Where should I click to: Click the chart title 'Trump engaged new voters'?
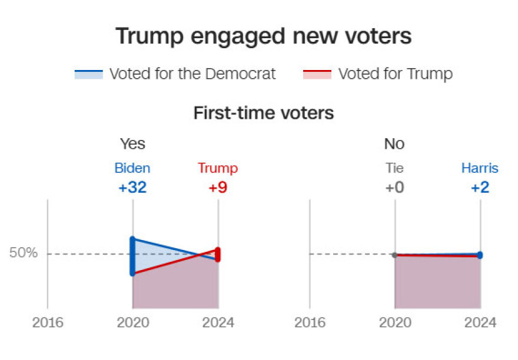pyautogui.click(x=263, y=36)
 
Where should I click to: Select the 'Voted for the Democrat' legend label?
pyautogui.click(x=192, y=74)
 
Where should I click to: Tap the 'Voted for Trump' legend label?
pyautogui.click(x=395, y=74)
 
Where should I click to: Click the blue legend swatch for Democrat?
pyautogui.click(x=88, y=74)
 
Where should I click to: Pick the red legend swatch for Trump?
pyautogui.click(x=317, y=74)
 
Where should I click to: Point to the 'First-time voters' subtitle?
pyautogui.click(x=263, y=113)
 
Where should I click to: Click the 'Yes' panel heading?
pyautogui.click(x=132, y=144)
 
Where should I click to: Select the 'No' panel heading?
pyautogui.click(x=394, y=144)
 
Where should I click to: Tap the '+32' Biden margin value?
pyautogui.click(x=132, y=188)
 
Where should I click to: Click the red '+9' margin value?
pyautogui.click(x=218, y=188)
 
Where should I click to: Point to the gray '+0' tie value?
pyautogui.click(x=394, y=188)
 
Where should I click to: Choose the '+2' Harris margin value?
pyautogui.click(x=480, y=188)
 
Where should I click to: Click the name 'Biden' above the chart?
pyautogui.click(x=132, y=168)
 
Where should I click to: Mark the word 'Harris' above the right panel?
pyautogui.click(x=480, y=168)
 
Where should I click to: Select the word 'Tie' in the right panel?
pyautogui.click(x=394, y=168)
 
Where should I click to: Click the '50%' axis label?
pyautogui.click(x=24, y=254)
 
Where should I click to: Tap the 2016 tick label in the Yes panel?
pyautogui.click(x=48, y=322)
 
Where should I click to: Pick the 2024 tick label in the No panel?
pyautogui.click(x=480, y=322)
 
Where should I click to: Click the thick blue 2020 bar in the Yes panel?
pyautogui.click(x=132, y=256)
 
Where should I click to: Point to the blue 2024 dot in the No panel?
pyautogui.click(x=480, y=255)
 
